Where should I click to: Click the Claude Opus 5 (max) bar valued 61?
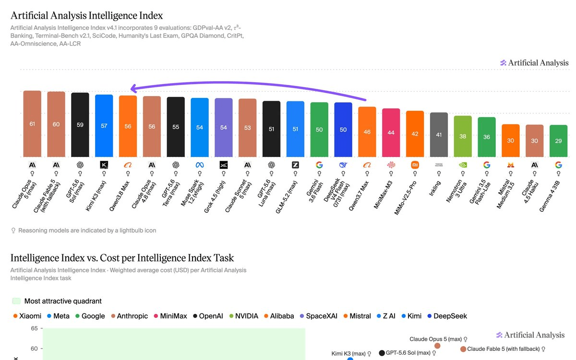[32, 124]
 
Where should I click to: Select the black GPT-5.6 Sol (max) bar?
[80, 125]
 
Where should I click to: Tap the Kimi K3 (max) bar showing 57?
[104, 126]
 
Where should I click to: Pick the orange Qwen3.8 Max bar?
[128, 126]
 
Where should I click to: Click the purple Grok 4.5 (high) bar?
[224, 128]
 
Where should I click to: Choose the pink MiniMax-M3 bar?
[391, 132]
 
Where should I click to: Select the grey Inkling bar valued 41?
[439, 134]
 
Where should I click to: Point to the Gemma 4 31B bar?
[558, 141]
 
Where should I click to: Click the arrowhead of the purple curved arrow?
[133, 88]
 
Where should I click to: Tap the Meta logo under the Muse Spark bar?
[200, 165]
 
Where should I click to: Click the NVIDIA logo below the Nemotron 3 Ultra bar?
[463, 165]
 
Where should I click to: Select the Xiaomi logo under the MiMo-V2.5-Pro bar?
[415, 165]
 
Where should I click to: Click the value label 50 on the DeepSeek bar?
[343, 130]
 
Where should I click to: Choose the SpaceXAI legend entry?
[319, 316]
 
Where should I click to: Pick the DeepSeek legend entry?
[447, 316]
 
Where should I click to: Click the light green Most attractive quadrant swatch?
[16, 301]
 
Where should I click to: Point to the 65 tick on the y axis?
[34, 328]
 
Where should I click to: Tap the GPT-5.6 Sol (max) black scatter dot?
[382, 353]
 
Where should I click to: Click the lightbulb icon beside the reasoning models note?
[13, 230]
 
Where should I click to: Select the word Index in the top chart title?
[151, 16]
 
